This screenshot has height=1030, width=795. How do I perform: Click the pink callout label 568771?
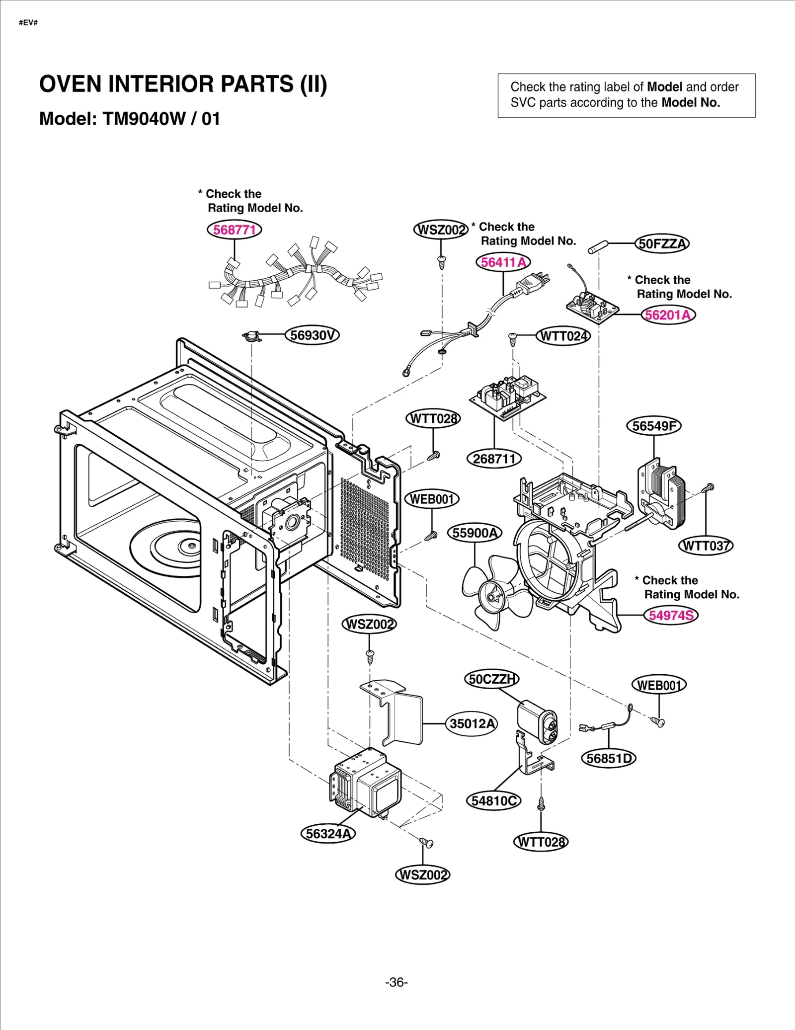click(234, 230)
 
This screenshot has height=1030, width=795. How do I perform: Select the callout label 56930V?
click(312, 335)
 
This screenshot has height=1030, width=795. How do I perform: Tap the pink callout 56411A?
click(503, 262)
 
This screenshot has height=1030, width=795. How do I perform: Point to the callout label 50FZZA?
click(662, 244)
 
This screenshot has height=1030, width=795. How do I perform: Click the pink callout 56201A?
click(668, 315)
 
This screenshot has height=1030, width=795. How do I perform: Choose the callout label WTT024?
click(563, 336)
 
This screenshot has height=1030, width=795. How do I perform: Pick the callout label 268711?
click(494, 459)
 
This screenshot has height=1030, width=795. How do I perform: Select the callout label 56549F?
click(653, 426)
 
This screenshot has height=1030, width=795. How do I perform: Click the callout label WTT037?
click(706, 546)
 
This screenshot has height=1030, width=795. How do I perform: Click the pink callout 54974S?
click(671, 615)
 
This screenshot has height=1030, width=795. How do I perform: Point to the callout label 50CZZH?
click(491, 679)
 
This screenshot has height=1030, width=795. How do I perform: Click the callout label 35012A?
click(472, 723)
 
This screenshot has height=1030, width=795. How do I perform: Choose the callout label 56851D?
click(608, 759)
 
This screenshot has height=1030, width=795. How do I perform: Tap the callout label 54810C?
click(493, 801)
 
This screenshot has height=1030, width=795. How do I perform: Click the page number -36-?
click(397, 982)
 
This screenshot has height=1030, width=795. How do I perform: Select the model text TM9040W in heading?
click(144, 119)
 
